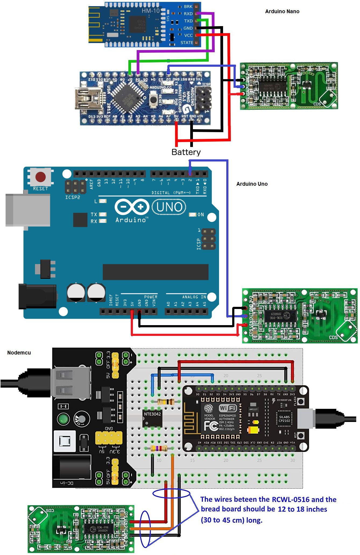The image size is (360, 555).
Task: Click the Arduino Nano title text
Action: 282,11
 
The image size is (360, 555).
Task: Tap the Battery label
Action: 186,152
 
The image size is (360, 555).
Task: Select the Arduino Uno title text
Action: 252,184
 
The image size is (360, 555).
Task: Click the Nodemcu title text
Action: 19,353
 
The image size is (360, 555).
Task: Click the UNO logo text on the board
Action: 169,207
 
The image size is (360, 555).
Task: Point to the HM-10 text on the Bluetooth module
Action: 150,11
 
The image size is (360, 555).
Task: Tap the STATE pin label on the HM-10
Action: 186,43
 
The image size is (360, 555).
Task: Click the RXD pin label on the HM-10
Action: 188,14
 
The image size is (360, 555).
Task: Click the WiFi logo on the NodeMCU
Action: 228,408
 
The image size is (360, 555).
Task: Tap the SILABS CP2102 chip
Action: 284,419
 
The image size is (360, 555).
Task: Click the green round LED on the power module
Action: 63,419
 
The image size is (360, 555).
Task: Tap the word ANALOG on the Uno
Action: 190,297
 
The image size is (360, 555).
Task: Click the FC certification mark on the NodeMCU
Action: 211,426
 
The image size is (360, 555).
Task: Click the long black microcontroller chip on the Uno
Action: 156,272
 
